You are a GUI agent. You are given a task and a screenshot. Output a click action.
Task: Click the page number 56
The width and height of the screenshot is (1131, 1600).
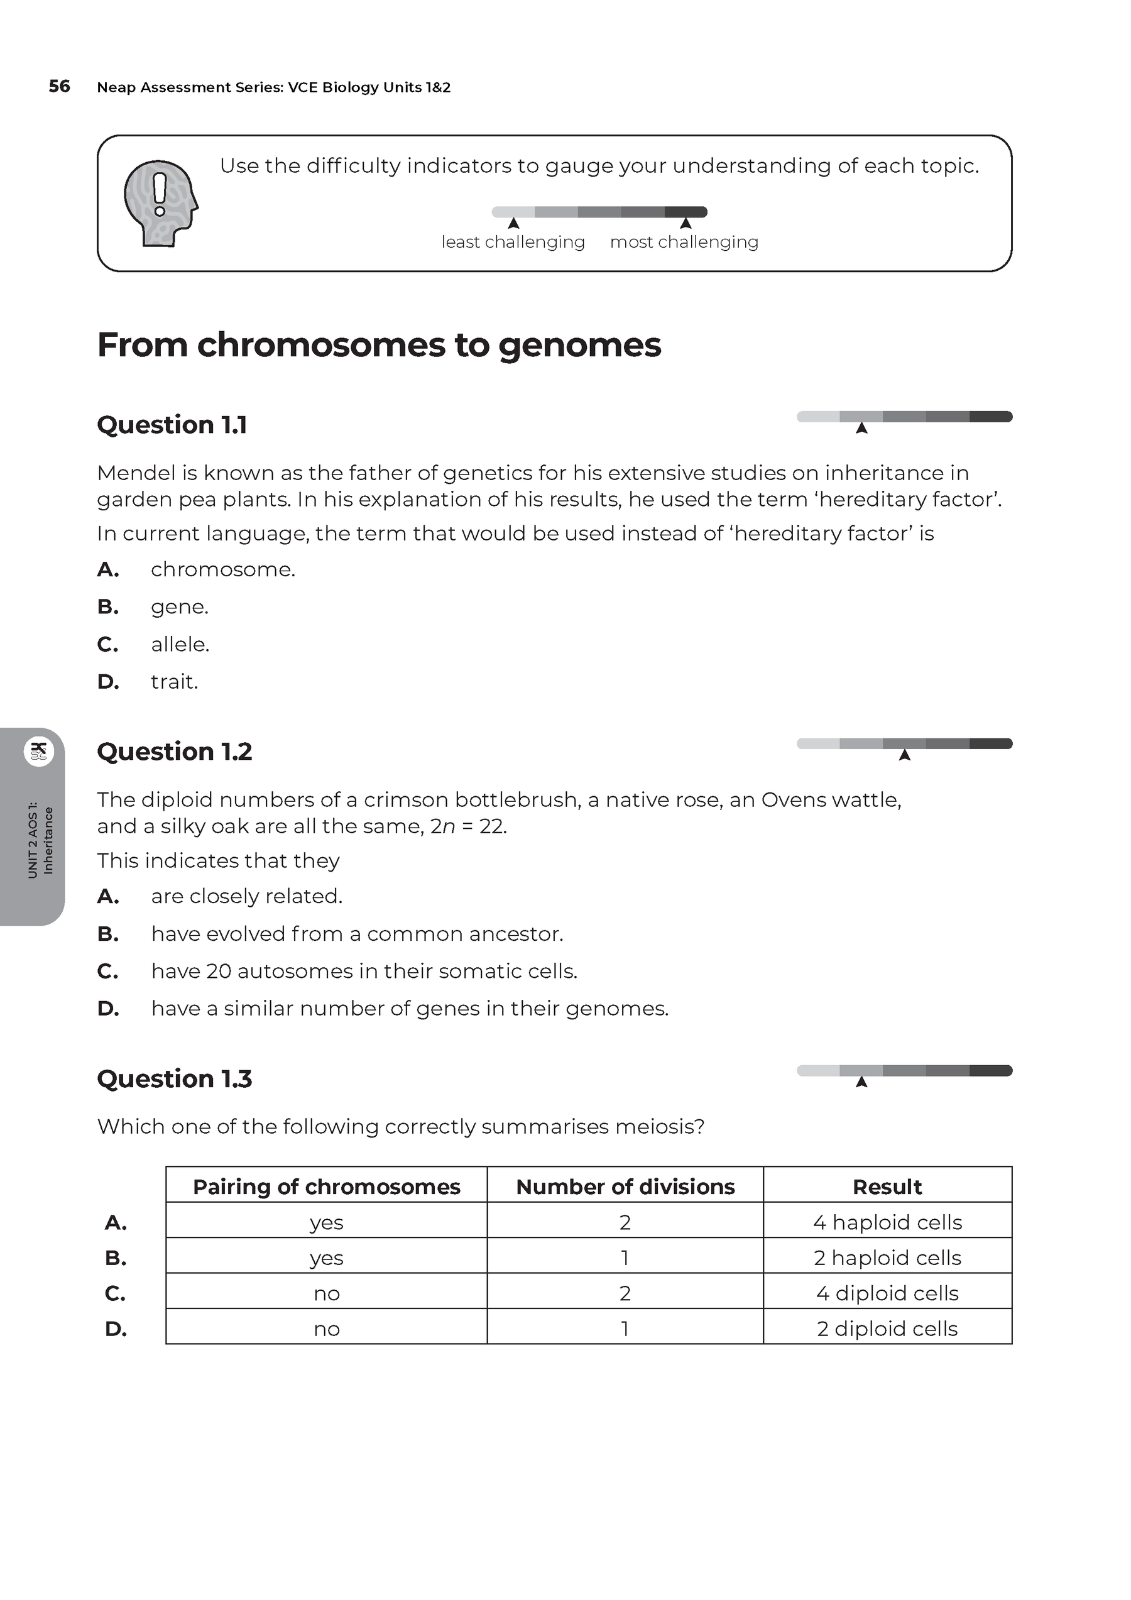click(59, 87)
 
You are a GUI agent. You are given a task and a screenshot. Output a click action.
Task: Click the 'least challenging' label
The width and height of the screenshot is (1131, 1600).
click(513, 242)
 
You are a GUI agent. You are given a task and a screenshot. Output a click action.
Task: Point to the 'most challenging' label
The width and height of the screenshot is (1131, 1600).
click(684, 242)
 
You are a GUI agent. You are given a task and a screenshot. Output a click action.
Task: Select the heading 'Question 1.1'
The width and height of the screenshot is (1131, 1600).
click(172, 424)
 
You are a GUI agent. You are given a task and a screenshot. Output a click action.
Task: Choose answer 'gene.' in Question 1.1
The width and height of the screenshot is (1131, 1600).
click(179, 607)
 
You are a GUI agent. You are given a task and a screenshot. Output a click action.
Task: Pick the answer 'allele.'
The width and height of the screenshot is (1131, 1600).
click(180, 644)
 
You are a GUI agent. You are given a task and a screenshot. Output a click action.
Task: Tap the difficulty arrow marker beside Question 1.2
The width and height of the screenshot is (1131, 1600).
click(905, 755)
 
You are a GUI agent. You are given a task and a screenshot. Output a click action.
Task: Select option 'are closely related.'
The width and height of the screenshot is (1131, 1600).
click(247, 896)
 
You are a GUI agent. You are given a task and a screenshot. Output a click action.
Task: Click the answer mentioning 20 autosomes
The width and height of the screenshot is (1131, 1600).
click(364, 971)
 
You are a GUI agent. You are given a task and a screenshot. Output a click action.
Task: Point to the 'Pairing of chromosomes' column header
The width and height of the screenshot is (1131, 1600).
click(326, 1186)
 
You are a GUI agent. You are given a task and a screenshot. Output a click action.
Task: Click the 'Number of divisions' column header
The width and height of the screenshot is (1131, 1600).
click(625, 1186)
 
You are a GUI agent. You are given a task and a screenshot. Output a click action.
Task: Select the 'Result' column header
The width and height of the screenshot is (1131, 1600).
click(887, 1186)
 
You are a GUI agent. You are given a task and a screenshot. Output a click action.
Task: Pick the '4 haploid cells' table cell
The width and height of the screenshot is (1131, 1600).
click(887, 1222)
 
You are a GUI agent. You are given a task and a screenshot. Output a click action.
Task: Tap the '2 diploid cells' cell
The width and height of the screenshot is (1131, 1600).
click(887, 1329)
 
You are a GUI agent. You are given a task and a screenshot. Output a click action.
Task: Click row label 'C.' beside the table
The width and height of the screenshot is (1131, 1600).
click(115, 1293)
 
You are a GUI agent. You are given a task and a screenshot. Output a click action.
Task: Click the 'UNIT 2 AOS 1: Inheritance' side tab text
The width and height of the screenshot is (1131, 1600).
click(40, 840)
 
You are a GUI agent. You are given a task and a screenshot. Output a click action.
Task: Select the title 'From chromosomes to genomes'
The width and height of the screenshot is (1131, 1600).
click(379, 345)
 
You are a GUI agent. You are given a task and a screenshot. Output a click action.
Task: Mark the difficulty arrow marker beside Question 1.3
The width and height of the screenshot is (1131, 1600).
click(861, 1082)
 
